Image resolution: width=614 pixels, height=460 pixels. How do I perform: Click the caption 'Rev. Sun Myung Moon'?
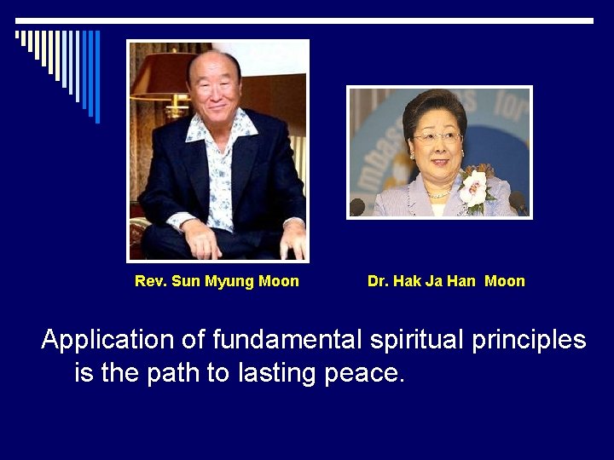(x=217, y=281)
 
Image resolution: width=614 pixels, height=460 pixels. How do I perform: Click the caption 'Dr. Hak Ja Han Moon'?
(x=446, y=281)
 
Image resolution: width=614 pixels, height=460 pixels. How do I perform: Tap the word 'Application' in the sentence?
(x=107, y=340)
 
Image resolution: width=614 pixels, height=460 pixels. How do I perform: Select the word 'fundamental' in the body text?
(x=287, y=340)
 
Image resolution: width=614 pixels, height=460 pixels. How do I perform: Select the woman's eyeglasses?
(x=436, y=136)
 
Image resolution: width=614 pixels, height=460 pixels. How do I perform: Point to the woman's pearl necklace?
(x=439, y=193)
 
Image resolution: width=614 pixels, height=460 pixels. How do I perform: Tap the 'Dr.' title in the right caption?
(x=376, y=281)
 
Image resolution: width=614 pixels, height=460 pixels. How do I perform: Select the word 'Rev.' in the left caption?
(x=151, y=281)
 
